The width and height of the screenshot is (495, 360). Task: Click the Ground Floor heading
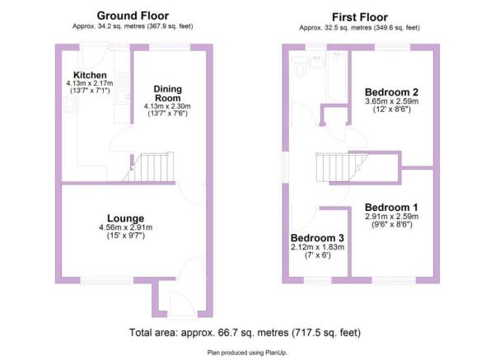click(x=133, y=16)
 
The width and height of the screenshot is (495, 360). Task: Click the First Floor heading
click(x=360, y=17)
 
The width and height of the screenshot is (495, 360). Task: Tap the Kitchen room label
click(x=90, y=75)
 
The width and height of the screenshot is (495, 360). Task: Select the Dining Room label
click(x=168, y=93)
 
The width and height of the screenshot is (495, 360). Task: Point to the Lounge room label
click(x=126, y=218)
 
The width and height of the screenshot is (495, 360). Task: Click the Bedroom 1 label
click(x=391, y=208)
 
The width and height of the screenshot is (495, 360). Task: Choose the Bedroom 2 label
click(x=391, y=92)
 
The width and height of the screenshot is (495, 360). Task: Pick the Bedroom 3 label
click(x=317, y=238)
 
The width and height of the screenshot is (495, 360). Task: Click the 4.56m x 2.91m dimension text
click(x=126, y=227)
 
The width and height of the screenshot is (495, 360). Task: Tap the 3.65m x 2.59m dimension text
click(x=392, y=101)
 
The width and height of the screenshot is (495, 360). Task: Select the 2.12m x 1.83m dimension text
click(x=318, y=247)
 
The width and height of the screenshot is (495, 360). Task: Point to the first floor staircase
click(x=342, y=167)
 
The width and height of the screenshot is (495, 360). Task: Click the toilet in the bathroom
click(x=299, y=66)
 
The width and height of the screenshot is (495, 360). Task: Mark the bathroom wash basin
click(x=316, y=61)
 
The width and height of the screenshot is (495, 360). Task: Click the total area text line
click(x=245, y=333)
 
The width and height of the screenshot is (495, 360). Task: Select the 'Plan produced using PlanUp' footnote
click(x=247, y=353)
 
